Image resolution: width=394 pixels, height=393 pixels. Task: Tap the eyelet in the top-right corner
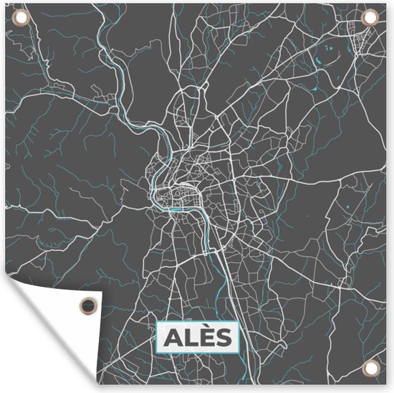[x=370, y=16]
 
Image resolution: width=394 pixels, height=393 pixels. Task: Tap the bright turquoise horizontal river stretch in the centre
[x=176, y=209]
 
